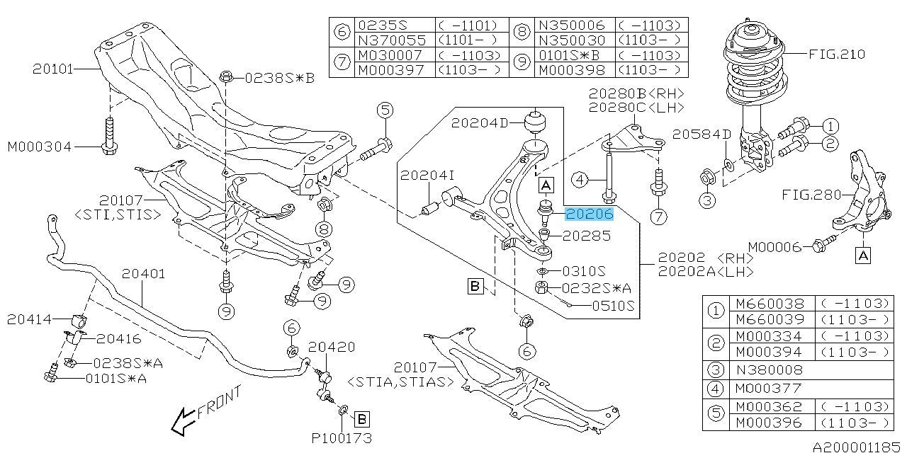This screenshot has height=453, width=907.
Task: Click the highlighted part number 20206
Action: coord(588,214)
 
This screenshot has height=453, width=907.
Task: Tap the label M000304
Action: coord(40,147)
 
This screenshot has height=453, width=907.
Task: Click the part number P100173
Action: coord(342,438)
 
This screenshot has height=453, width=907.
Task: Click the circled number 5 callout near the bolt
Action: coord(385,110)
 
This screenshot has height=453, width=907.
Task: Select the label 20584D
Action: coord(702,134)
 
